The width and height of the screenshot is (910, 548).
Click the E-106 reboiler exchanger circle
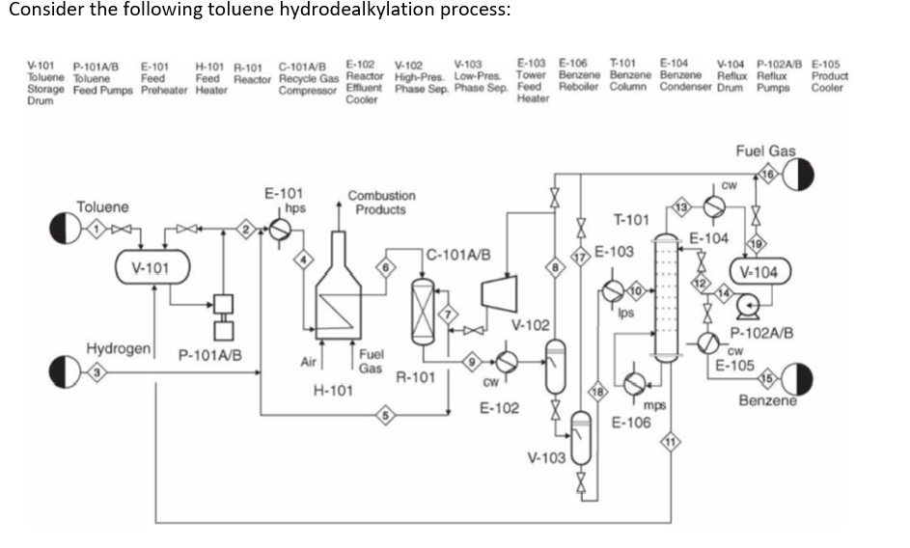tap(634, 383)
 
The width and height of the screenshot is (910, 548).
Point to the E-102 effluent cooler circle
tap(507, 362)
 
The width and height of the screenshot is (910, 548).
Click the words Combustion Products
tap(381, 203)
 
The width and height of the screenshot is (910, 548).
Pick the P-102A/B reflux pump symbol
tap(746, 306)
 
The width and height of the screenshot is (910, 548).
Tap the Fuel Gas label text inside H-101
tap(371, 362)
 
